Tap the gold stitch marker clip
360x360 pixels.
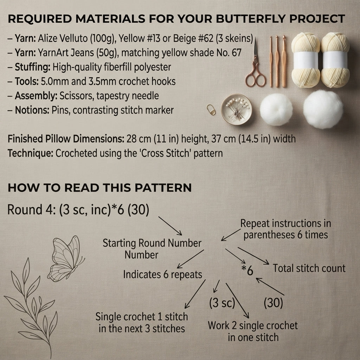pos(211,110)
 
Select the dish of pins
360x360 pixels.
pos(236,109)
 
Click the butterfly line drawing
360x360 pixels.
pos(66,259)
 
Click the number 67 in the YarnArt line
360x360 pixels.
pos(237,53)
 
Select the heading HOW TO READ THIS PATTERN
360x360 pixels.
pos(99,188)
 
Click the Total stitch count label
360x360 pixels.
pos(309,268)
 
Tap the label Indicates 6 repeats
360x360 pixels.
pos(162,275)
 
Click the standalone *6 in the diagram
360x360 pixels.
pos(247,270)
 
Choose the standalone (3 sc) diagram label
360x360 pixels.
pos(222,303)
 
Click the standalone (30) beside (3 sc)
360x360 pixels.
pos(273,303)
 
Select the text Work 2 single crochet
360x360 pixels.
pos(253,326)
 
